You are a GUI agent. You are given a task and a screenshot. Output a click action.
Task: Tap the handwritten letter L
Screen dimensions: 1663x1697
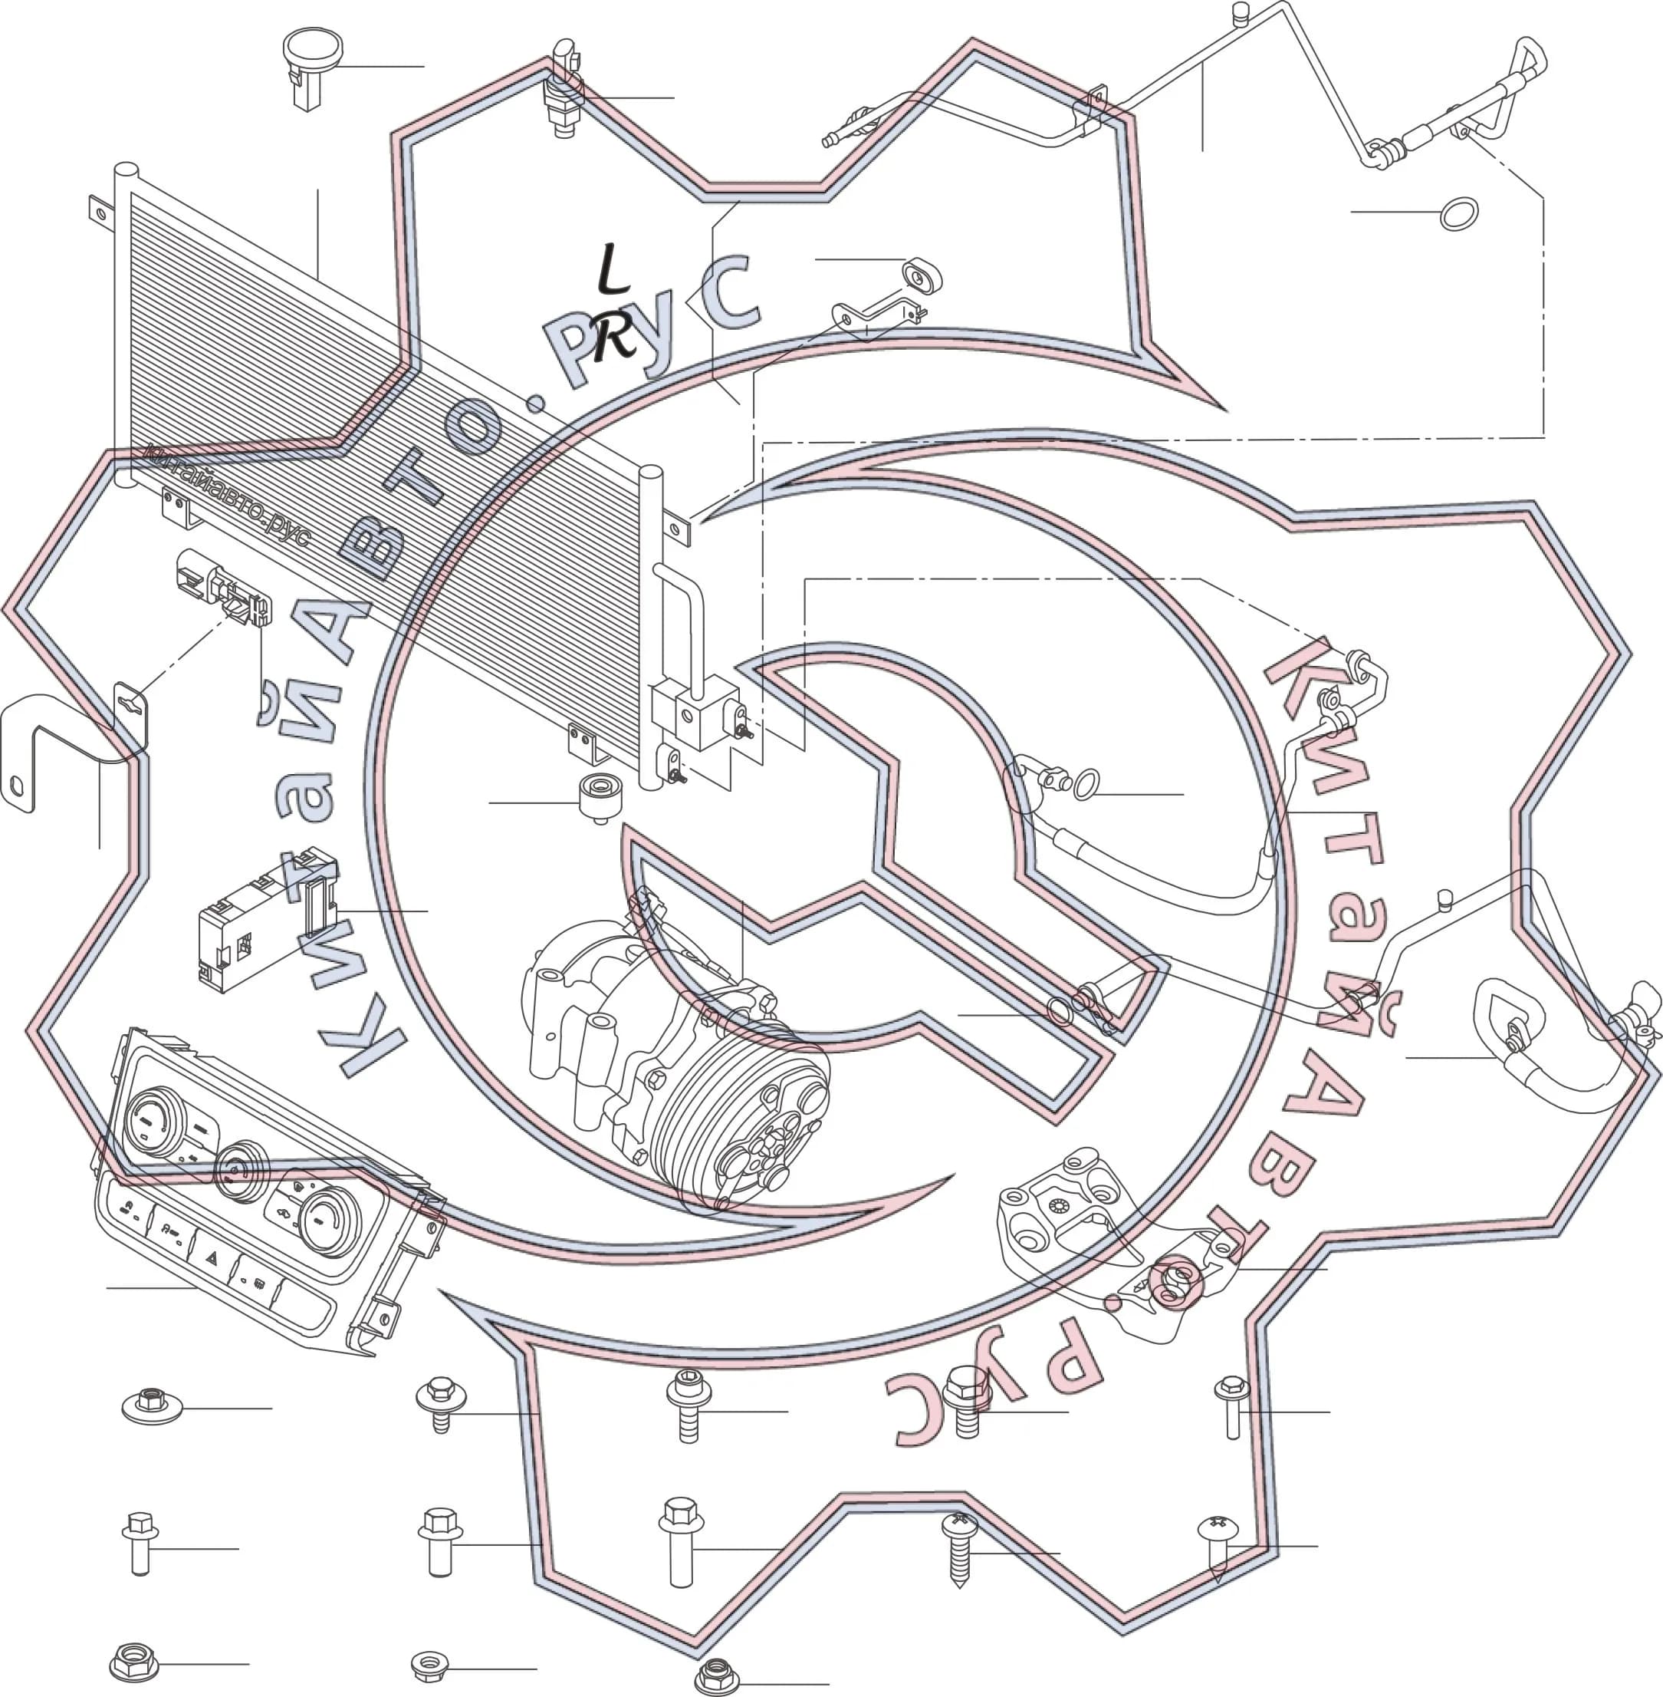tap(613, 269)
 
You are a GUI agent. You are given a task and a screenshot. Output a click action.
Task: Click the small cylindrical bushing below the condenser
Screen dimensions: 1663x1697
tap(601, 796)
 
